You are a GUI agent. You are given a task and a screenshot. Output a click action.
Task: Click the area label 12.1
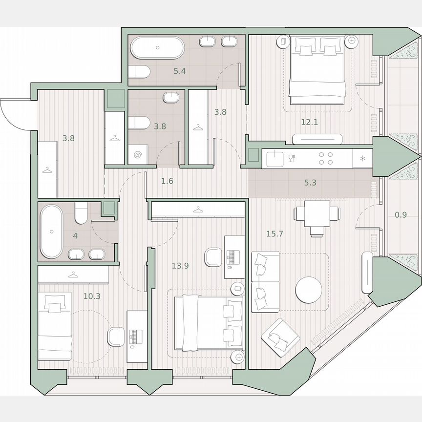coord(309,122)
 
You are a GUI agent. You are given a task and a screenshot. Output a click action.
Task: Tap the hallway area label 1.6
coord(167,181)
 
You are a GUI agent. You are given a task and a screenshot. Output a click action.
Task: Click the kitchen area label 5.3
coord(310,184)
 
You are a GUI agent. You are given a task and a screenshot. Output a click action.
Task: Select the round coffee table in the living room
coord(309,290)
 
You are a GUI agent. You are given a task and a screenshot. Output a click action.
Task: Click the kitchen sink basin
coord(275,157)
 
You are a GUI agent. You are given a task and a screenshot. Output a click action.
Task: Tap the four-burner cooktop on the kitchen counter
coord(326,158)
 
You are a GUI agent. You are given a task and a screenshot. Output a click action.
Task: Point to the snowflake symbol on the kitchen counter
coord(362,158)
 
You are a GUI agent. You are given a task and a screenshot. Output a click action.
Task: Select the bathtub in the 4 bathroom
coord(51,232)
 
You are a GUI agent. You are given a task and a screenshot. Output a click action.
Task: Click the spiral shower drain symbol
coord(137,156)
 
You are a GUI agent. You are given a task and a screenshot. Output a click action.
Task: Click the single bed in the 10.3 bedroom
coord(55,326)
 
